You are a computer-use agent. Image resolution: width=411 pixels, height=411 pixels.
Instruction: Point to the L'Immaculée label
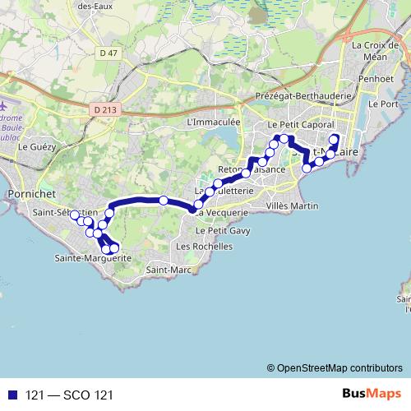tap(213, 122)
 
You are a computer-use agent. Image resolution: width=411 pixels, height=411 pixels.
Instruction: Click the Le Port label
tap(383, 104)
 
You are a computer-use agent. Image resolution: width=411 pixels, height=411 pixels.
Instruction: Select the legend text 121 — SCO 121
tap(69, 395)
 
